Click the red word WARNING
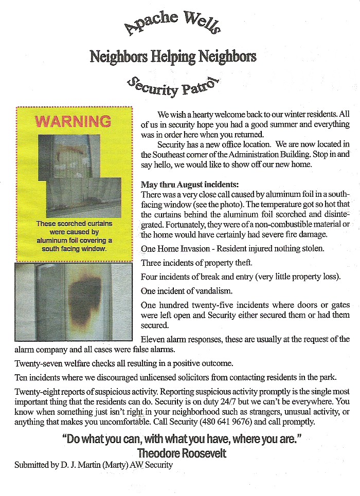pos(74,121)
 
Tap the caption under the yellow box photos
pos(74,236)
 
